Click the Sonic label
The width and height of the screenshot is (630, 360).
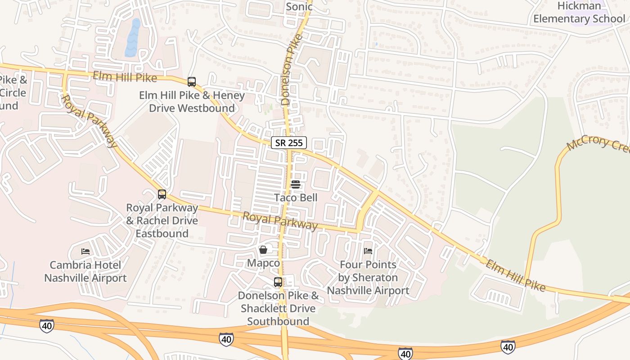point(299,7)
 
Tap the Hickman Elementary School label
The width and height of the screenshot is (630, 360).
point(579,13)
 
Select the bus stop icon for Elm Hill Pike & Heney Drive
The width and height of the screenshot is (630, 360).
point(192,82)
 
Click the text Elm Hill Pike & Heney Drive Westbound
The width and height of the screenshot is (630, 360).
point(192,102)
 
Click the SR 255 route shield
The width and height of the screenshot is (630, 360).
point(289,143)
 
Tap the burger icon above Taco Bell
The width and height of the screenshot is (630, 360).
point(296,184)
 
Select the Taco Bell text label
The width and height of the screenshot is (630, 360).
point(296,198)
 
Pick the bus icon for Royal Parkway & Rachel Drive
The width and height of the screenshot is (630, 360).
point(162,194)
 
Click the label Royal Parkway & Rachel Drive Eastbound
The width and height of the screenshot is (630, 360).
point(162,220)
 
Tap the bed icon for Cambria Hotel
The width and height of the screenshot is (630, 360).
point(85,251)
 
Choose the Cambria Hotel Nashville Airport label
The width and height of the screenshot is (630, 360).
point(85,271)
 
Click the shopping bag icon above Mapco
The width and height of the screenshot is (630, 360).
point(263,250)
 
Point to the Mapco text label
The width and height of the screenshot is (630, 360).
point(263,263)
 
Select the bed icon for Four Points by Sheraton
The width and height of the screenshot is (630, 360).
point(368,251)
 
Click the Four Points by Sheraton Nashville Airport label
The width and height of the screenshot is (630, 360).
point(368,278)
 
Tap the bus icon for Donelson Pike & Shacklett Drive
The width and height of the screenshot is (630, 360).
point(278,282)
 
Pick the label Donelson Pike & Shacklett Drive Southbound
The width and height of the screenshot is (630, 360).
point(278,308)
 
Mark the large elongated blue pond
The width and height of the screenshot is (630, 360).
point(132,38)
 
